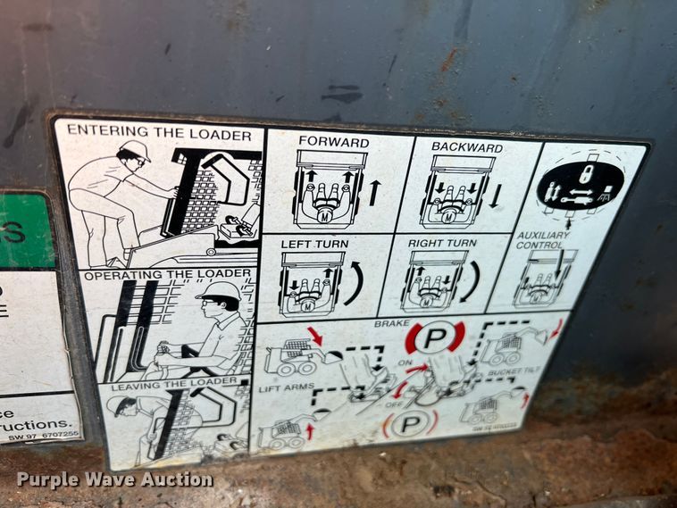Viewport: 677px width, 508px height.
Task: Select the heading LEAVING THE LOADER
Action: (x=163, y=384)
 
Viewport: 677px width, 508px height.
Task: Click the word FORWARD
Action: (x=333, y=142)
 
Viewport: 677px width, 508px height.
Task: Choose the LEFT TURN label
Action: (x=313, y=244)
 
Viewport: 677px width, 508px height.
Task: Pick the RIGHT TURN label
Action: (x=442, y=243)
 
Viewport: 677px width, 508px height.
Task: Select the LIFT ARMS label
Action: (x=280, y=388)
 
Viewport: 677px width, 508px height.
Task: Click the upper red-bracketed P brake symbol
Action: (x=435, y=337)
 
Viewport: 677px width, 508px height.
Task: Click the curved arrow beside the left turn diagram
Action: (x=354, y=283)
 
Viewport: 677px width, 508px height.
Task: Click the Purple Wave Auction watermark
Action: (x=114, y=479)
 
